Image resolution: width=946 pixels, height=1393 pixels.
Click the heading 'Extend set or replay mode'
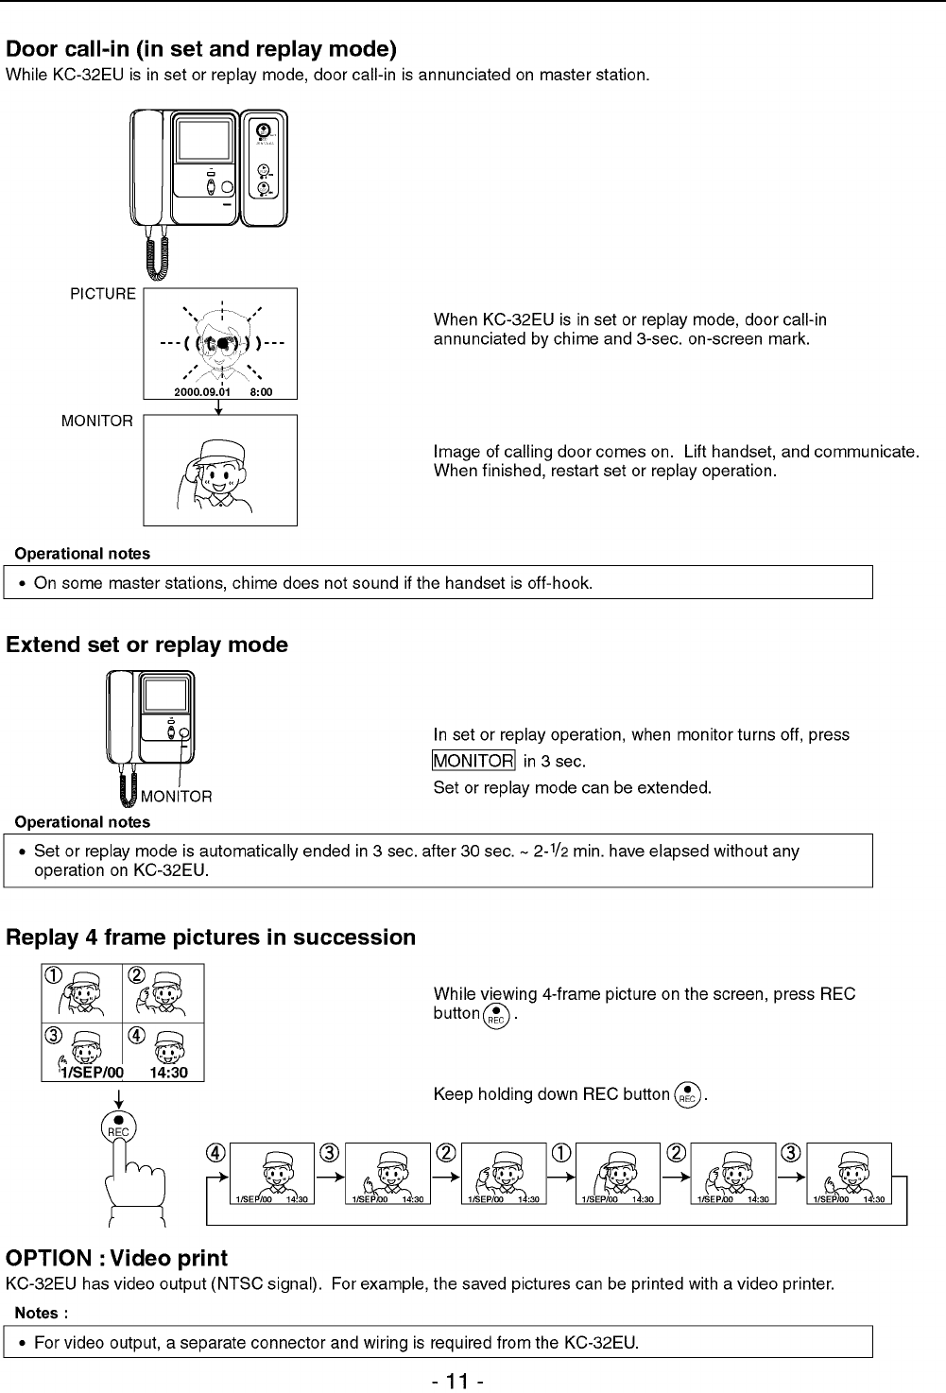pyautogui.click(x=146, y=645)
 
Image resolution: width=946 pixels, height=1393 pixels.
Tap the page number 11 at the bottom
pyautogui.click(x=457, y=1381)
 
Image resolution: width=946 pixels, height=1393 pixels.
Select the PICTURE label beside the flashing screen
pyautogui.click(x=103, y=294)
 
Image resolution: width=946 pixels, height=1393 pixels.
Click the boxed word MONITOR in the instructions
pyautogui.click(x=473, y=761)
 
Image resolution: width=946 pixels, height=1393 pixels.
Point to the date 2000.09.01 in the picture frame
pyautogui.click(x=202, y=391)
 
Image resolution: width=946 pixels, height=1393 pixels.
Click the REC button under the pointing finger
pyautogui.click(x=118, y=1126)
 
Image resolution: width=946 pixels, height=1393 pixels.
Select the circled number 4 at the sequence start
pyautogui.click(x=216, y=1153)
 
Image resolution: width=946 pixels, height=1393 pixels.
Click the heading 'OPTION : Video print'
pyautogui.click(x=116, y=1259)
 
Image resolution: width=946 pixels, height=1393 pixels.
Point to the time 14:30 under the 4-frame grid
pyautogui.click(x=168, y=1073)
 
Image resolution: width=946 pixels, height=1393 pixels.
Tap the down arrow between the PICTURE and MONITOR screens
pyautogui.click(x=219, y=406)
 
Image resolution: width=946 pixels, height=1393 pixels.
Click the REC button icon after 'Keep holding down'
pyautogui.click(x=688, y=1094)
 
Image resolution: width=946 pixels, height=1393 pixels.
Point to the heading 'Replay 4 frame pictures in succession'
pyautogui.click(x=211, y=937)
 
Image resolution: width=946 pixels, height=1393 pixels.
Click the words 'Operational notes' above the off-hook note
pyautogui.click(x=82, y=554)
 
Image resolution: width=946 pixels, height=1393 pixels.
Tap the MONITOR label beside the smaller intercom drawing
pyautogui.click(x=177, y=797)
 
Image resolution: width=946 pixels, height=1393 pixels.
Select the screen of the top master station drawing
pyautogui.click(x=204, y=140)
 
